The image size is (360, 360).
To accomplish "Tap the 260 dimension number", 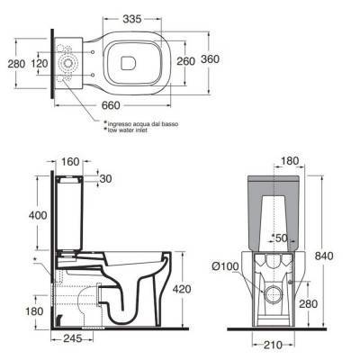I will (184, 60).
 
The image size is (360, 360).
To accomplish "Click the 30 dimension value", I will (104, 178).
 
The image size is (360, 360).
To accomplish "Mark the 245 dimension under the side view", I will (73, 339).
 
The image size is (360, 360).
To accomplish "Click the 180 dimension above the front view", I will (289, 161).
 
